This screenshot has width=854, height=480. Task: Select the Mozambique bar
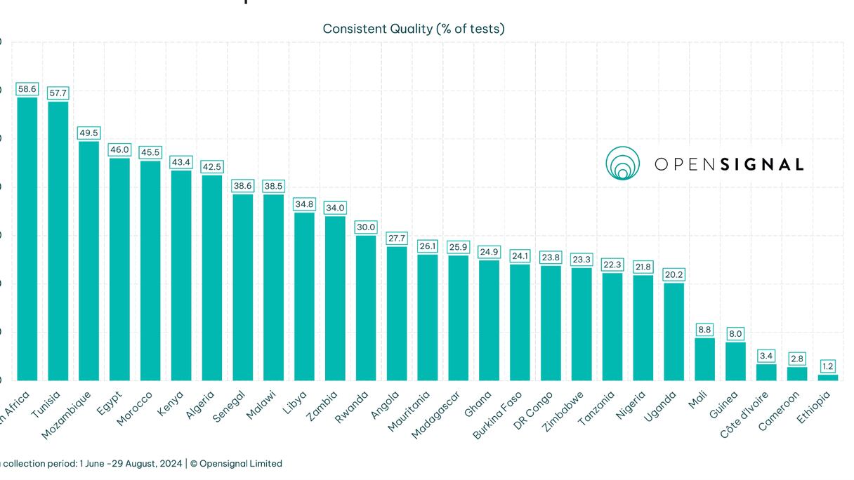click(x=88, y=260)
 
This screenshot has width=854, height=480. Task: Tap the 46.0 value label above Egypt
click(x=119, y=149)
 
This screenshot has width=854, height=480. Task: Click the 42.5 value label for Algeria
click(x=212, y=167)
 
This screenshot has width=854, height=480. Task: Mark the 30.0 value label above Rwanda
click(x=366, y=227)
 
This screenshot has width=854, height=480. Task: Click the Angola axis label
click(x=384, y=405)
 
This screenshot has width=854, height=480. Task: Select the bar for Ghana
click(x=489, y=320)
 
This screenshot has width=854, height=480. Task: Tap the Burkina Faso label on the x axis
click(x=497, y=415)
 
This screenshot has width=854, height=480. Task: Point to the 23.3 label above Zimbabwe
click(x=582, y=259)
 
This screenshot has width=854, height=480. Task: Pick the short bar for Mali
click(x=704, y=359)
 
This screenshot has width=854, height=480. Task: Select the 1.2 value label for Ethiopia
click(x=828, y=366)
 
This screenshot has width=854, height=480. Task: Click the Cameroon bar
click(x=797, y=373)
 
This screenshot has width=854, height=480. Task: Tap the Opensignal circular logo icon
click(x=622, y=164)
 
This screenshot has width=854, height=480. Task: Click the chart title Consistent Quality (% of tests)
click(x=413, y=29)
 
